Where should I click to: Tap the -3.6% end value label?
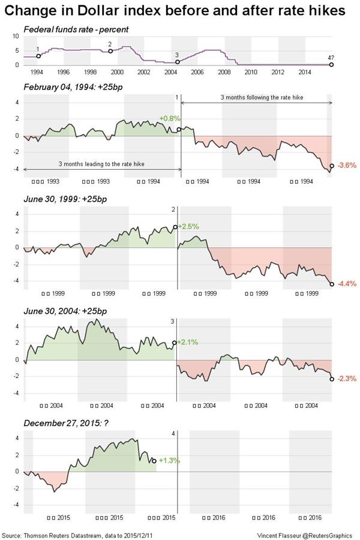tap(347, 166)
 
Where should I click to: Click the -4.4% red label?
tap(347, 284)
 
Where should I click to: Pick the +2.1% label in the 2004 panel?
tap(188, 342)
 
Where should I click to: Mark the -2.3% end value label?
tap(347, 379)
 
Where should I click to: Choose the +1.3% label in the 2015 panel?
tap(169, 461)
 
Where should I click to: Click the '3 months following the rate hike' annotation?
tap(259, 97)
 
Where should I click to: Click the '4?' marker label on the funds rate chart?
tap(331, 58)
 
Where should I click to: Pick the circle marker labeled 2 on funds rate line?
tap(110, 51)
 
